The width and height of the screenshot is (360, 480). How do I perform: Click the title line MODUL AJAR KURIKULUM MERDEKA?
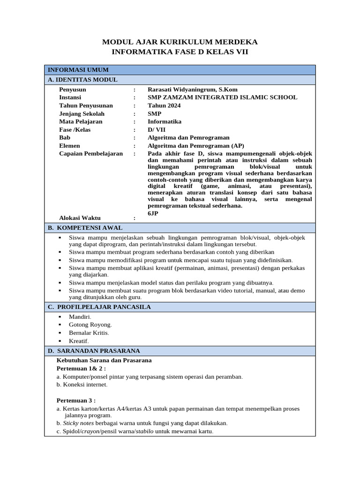[x=180, y=42]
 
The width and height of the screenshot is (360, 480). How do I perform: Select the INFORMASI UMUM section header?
[x=78, y=70]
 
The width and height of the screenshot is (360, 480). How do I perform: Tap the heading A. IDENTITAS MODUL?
[x=82, y=80]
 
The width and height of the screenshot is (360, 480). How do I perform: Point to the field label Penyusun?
[x=73, y=90]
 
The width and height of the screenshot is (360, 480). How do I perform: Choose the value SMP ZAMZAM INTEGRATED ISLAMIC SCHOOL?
[x=222, y=97]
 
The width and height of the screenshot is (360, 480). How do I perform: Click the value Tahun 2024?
[x=164, y=105]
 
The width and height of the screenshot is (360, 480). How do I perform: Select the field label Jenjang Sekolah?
[x=82, y=113]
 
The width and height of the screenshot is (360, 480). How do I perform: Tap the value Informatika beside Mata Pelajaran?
[x=165, y=121]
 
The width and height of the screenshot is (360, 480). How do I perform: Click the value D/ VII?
[x=157, y=129]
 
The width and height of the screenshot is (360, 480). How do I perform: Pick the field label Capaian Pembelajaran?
[x=91, y=153]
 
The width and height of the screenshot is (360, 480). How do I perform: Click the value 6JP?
[x=153, y=213]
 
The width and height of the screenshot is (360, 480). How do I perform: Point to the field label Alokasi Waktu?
[x=80, y=218]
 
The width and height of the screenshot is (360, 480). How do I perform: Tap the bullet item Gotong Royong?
[x=90, y=324]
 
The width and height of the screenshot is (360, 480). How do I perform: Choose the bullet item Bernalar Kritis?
[x=89, y=333]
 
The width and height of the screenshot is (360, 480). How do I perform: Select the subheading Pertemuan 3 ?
[x=76, y=400]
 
